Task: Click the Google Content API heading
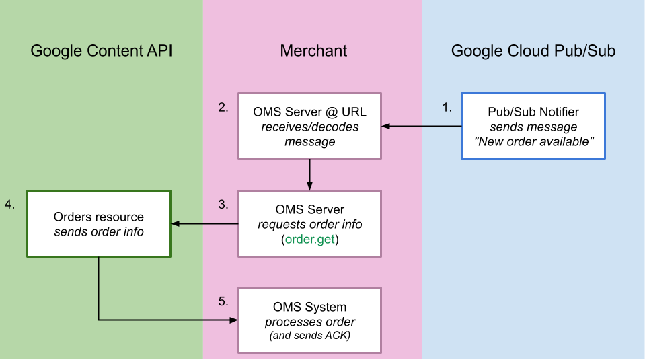tap(102, 51)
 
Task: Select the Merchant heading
tap(313, 51)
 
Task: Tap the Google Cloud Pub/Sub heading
tap(533, 51)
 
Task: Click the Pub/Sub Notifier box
tap(533, 126)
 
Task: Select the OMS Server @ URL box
tap(309, 126)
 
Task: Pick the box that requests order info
tap(309, 223)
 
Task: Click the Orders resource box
tap(99, 223)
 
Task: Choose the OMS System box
tap(309, 320)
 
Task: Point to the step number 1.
tap(447, 107)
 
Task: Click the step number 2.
tap(224, 107)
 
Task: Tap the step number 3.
tap(224, 204)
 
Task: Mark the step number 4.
tap(10, 204)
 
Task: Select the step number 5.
tap(224, 301)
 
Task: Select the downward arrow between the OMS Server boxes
tap(309, 174)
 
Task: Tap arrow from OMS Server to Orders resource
tap(204, 223)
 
